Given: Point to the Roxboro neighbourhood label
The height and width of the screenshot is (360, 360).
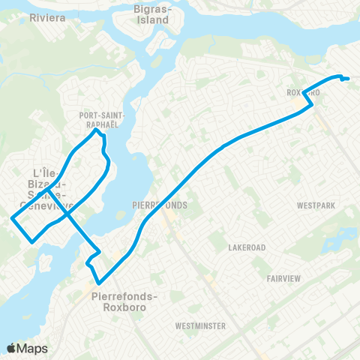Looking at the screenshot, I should pos(304,93).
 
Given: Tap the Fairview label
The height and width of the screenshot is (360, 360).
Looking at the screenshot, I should pos(283,278).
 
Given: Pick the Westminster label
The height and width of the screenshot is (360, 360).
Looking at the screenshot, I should pos(200,326).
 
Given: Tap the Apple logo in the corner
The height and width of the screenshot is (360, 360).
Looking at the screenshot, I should pos(11,348).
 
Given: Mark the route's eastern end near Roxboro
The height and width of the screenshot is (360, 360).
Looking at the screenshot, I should pos(349,79).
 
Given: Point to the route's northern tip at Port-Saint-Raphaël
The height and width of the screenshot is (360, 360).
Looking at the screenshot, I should pos(97,130).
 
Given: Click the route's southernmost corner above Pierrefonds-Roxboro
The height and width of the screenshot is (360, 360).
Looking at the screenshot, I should pos(97,283).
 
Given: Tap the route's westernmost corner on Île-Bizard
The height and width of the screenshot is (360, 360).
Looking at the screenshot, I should pos(11,219).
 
